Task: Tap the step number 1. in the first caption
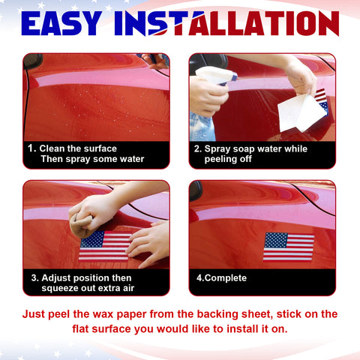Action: [x=31, y=148]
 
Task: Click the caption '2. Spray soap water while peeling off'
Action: [x=251, y=154]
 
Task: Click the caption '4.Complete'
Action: [x=221, y=278]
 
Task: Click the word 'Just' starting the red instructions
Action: [x=36, y=313]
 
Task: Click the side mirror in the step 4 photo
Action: [x=196, y=191]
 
